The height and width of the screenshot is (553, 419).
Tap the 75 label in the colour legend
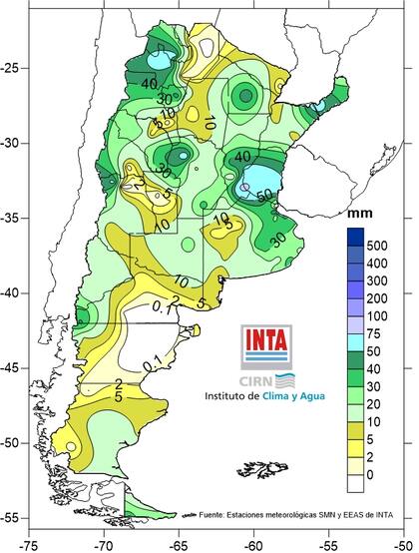coord(378,334)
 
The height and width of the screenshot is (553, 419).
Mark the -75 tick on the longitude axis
coord(31,545)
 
